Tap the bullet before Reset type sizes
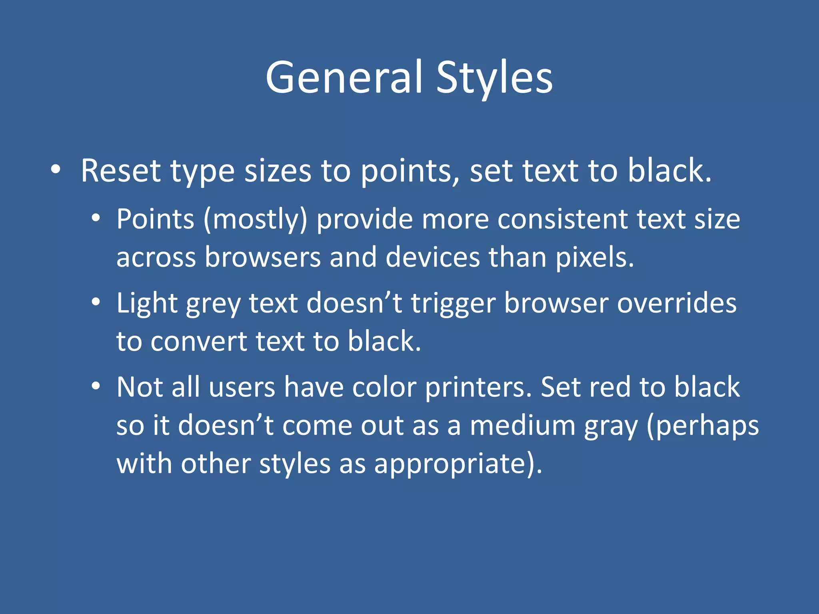[x=56, y=170]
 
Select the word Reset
[x=120, y=171]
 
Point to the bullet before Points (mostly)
[x=96, y=218]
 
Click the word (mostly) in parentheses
[x=256, y=220]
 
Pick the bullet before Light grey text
[x=96, y=302]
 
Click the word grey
[x=213, y=304]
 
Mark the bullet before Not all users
[x=96, y=386]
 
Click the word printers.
[x=478, y=387]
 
